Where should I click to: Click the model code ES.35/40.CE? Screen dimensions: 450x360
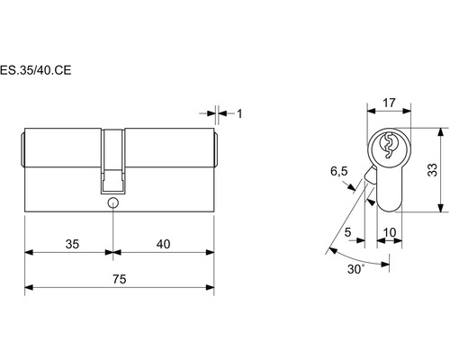pos(35,70)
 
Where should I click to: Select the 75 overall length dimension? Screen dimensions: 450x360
pos(120,279)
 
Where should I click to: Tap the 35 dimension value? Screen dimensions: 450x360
pos(72,244)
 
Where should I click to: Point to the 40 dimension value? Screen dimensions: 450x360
pos(163,244)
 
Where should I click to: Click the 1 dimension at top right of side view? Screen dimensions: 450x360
pos(239,113)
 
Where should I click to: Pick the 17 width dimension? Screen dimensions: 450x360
pos(389,103)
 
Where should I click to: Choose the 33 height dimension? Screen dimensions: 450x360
pos(432,170)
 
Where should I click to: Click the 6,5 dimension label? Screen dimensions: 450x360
pos(339,171)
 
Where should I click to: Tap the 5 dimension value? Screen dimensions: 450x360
pos(347,232)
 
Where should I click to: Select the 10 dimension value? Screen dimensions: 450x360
pos(390,232)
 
